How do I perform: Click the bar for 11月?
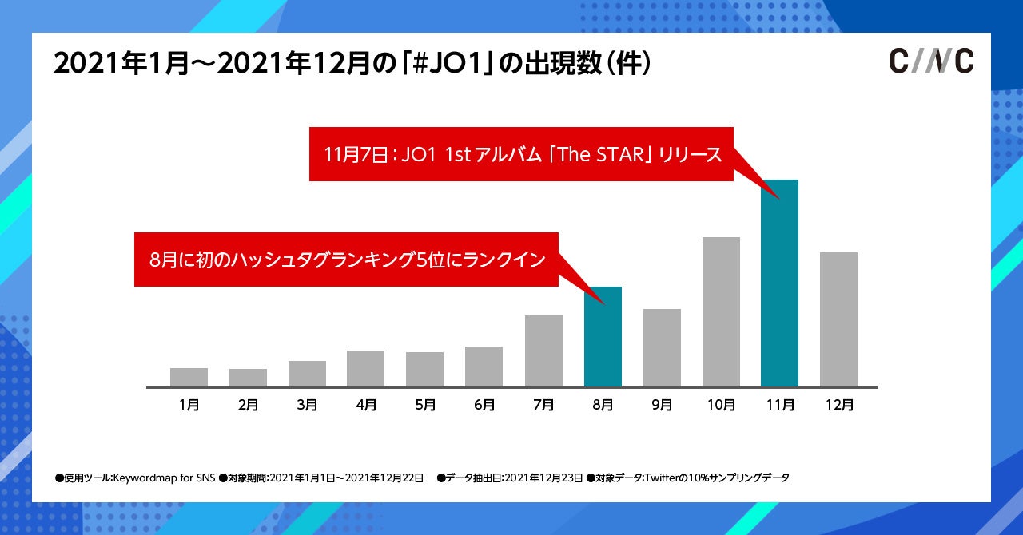pyautogui.click(x=779, y=283)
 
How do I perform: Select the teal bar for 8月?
pyautogui.click(x=603, y=336)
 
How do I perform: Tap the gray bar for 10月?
pyautogui.click(x=721, y=311)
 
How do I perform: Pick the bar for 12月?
pyautogui.click(x=838, y=319)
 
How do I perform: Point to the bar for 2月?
pyautogui.click(x=248, y=378)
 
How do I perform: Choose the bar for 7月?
pyautogui.click(x=543, y=351)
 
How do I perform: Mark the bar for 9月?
pyautogui.click(x=662, y=347)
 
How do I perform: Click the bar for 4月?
pyautogui.click(x=365, y=368)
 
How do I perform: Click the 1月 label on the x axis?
pyautogui.click(x=189, y=405)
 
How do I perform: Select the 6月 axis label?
pyautogui.click(x=484, y=405)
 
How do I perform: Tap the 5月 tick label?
pyautogui.click(x=425, y=405)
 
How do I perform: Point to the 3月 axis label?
pyautogui.click(x=307, y=405)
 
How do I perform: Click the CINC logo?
pyautogui.click(x=931, y=61)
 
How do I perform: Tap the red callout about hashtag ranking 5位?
pyautogui.click(x=346, y=260)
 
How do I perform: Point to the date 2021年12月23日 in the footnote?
pyautogui.click(x=544, y=478)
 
